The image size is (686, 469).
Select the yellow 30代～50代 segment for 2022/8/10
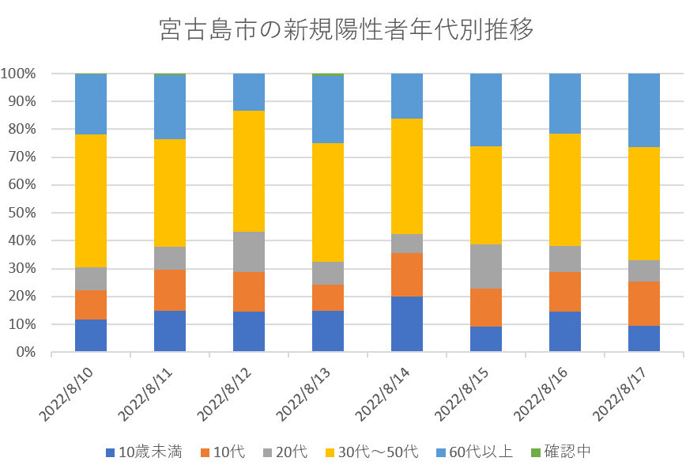[x=91, y=201]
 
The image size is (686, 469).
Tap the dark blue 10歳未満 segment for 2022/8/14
[x=407, y=324]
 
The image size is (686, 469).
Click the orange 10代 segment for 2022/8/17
[x=644, y=304]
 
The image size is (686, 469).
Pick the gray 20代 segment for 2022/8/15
[x=486, y=267]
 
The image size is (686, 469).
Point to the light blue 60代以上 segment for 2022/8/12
[x=249, y=92]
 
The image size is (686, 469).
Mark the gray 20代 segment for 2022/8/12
[x=249, y=252]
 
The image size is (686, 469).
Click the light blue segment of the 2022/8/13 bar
[x=328, y=109]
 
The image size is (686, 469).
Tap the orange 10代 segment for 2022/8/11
[x=170, y=290]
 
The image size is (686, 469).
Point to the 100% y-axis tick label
[x=18, y=74]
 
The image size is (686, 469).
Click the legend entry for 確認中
[x=562, y=452]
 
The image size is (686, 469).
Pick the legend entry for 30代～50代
[x=371, y=452]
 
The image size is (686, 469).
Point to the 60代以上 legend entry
[x=473, y=452]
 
